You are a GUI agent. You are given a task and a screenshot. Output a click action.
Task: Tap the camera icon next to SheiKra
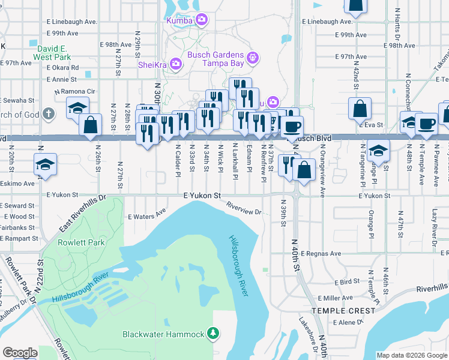click(176, 63)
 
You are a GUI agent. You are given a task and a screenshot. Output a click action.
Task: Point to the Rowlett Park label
click(81, 242)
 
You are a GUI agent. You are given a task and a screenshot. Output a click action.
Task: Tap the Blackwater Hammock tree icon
click(212, 332)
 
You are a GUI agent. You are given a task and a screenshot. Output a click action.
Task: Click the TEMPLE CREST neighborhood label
click(343, 310)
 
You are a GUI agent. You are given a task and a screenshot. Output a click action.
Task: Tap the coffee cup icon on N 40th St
click(293, 127)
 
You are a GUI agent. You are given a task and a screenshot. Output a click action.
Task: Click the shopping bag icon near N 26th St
click(90, 125)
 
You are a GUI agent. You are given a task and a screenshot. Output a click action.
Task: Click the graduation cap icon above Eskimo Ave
click(45, 164)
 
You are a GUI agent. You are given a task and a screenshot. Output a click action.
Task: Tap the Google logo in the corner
click(20, 353)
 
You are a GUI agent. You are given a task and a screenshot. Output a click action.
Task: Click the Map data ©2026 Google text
click(411, 355)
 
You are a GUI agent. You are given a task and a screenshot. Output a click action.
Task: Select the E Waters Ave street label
click(146, 212)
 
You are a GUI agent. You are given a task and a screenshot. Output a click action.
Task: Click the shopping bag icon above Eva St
click(360, 108)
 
